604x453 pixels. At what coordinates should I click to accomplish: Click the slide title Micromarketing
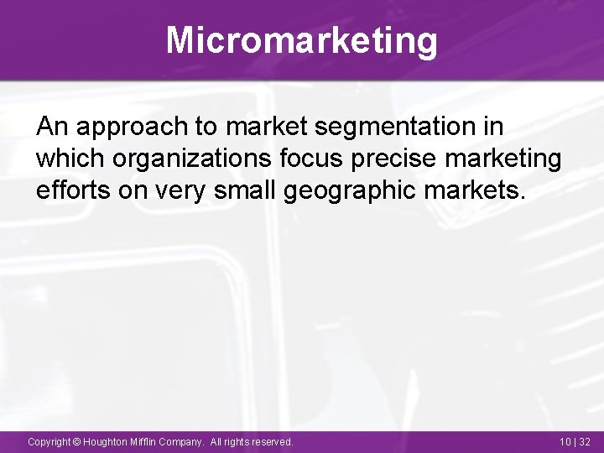click(301, 39)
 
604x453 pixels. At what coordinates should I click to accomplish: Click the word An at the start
click(50, 128)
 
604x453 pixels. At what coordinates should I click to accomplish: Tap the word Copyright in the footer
click(49, 441)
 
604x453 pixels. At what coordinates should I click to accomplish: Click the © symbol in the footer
click(77, 441)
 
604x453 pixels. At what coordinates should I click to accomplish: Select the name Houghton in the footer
click(105, 441)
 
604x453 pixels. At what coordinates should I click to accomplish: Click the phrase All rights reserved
click(252, 441)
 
